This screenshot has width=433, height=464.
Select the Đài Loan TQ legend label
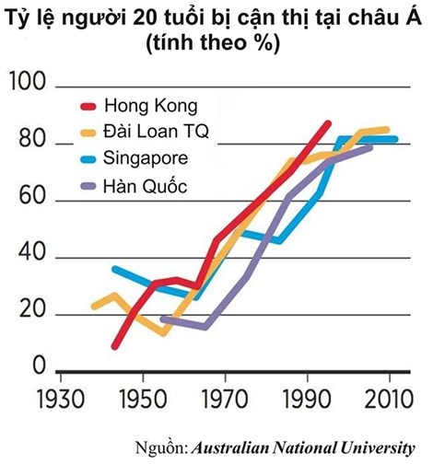157,132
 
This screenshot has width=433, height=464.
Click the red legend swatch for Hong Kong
88,105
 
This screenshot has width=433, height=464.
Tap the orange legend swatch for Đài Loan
88,133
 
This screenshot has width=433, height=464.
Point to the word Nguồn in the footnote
160,447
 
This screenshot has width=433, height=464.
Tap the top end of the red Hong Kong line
328,123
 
